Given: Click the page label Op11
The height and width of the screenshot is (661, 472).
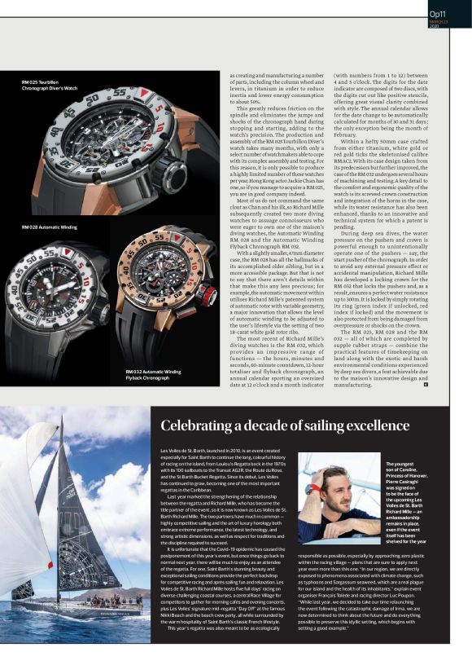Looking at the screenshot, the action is (438, 12).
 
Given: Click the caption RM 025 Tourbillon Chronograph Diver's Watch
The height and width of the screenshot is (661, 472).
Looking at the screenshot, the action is (50, 85).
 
